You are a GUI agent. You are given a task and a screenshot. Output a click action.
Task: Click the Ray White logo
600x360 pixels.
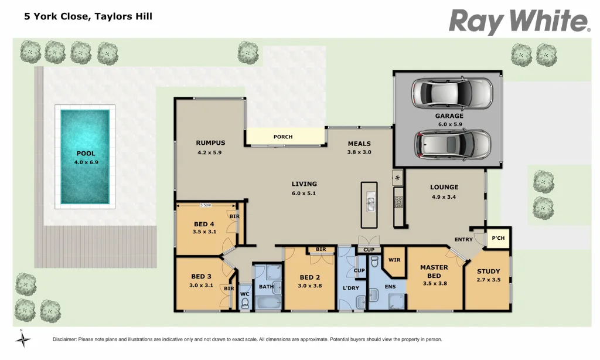519,22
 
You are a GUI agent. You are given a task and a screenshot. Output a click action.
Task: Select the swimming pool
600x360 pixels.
86,157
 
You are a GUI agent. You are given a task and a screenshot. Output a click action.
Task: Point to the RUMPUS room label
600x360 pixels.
210,142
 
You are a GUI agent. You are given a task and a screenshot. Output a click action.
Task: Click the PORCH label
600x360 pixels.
283,137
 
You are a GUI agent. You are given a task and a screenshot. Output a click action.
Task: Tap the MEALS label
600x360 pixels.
359,144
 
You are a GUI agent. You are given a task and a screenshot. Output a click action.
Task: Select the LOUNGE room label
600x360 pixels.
444,188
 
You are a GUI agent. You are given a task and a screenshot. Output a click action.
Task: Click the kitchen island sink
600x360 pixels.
370,203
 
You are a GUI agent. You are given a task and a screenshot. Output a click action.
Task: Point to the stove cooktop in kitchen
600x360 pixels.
398,201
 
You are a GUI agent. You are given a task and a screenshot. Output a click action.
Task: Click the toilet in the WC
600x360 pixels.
245,303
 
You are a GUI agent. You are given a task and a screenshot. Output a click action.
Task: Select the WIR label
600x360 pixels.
394,259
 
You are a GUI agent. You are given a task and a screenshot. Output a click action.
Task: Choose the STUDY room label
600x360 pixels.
488,271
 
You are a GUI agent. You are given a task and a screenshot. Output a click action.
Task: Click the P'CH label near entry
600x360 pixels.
498,238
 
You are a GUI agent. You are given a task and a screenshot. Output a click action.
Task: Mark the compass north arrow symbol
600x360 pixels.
22,339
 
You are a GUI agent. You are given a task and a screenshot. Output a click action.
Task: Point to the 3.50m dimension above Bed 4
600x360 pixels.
206,205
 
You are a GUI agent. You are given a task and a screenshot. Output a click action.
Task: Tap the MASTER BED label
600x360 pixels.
434,271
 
